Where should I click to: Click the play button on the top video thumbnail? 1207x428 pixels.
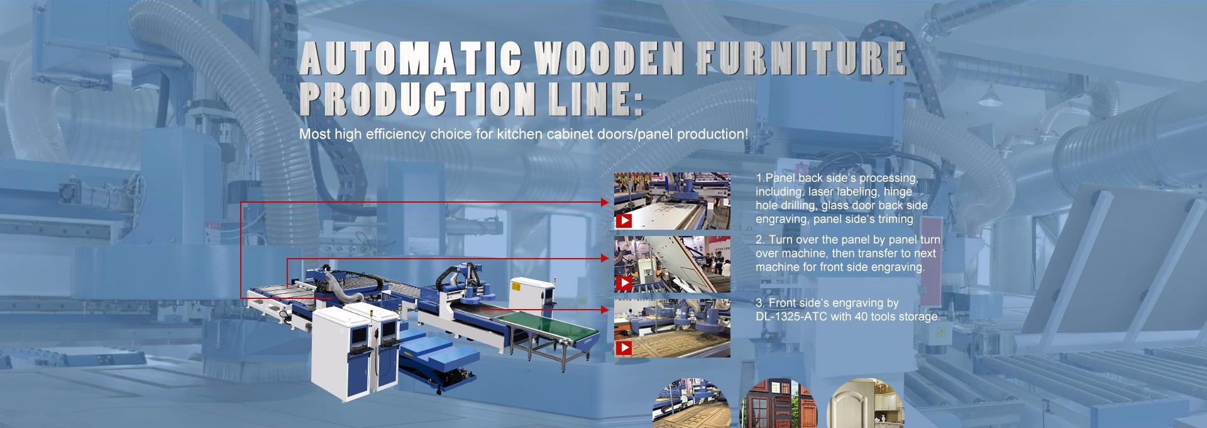pos(624,221)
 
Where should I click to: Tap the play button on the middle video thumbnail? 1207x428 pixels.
pos(624,284)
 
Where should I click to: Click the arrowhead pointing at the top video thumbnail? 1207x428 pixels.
pos(605,203)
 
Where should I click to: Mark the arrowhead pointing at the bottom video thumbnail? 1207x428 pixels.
pos(605,310)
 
